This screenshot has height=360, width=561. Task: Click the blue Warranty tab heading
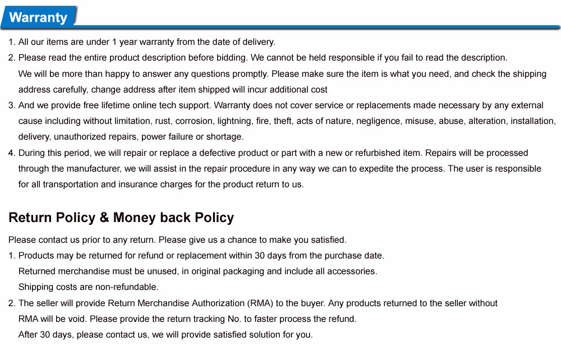pyautogui.click(x=38, y=17)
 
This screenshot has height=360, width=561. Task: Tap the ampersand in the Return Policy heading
pyautogui.click(x=104, y=218)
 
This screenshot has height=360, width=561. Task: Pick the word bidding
pyautogui.click(x=231, y=58)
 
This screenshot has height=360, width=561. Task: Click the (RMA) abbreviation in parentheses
pyautogui.click(x=260, y=303)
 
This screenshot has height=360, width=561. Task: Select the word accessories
pyautogui.click(x=352, y=271)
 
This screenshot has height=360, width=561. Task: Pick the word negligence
pyautogui.click(x=379, y=121)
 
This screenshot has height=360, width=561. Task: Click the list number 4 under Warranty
pyautogui.click(x=11, y=153)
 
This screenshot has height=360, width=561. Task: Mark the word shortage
pyautogui.click(x=226, y=137)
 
